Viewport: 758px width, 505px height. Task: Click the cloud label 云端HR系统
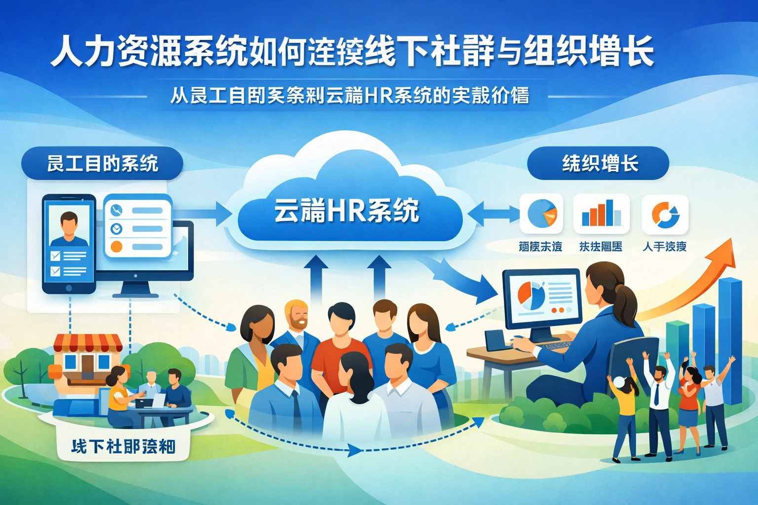(346, 211)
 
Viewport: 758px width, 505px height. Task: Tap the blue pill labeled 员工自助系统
(102, 163)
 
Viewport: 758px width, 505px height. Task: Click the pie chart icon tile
(541, 214)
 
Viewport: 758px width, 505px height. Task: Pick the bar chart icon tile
(601, 214)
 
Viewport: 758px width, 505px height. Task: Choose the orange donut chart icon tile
(665, 214)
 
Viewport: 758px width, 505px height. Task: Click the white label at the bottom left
(123, 446)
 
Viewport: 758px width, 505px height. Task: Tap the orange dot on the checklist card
(116, 247)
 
